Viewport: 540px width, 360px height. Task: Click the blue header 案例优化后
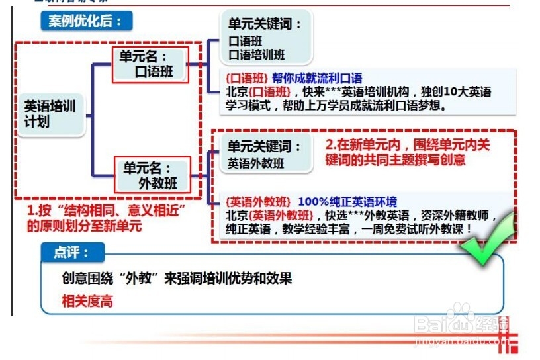(85, 21)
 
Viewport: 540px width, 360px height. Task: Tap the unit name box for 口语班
(151, 64)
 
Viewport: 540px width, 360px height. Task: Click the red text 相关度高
(87, 301)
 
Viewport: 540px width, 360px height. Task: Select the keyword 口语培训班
(257, 55)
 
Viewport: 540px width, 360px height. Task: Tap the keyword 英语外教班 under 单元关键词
(256, 163)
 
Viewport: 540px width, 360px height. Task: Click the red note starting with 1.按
(105, 218)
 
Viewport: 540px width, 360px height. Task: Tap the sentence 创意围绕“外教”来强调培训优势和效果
(177, 279)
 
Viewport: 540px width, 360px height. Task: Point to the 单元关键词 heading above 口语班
(265, 24)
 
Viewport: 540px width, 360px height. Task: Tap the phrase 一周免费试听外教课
(424, 228)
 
